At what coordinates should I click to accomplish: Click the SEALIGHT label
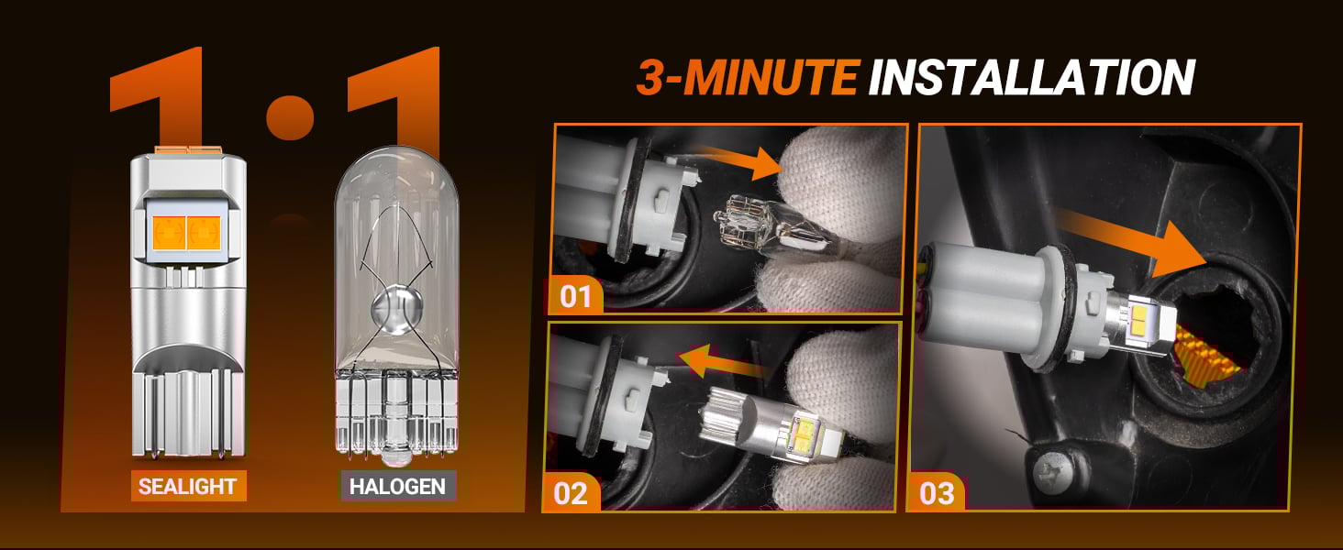point(188,486)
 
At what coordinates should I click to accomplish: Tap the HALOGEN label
point(398,486)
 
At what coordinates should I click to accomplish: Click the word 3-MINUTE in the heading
point(747,77)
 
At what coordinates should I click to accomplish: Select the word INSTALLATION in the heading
point(1031,77)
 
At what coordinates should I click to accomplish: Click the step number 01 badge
point(575,296)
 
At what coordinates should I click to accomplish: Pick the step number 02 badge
point(571,493)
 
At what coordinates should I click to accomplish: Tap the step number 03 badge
point(937,493)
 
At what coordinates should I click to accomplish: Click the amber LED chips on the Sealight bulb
point(186,233)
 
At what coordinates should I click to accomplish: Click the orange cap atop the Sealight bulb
point(188,149)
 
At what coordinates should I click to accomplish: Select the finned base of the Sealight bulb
point(187,402)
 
